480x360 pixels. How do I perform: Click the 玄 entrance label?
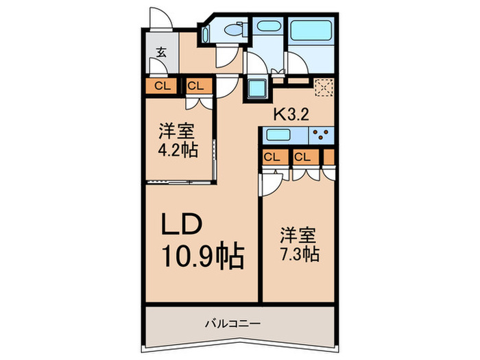pyautogui.click(x=161, y=52)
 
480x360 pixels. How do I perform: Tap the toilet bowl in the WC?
pyautogui.click(x=235, y=29)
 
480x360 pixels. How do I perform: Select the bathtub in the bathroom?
pyautogui.click(x=311, y=30)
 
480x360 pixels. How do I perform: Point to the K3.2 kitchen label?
pyautogui.click(x=291, y=115)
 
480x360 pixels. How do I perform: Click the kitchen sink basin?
pyautogui.click(x=278, y=134)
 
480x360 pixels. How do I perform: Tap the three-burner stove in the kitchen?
pyautogui.click(x=321, y=135)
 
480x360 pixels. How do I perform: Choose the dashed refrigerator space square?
pyautogui.click(x=324, y=87)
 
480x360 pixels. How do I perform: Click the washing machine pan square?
pyautogui.click(x=257, y=88)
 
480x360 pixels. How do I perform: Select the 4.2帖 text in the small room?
pyautogui.click(x=178, y=150)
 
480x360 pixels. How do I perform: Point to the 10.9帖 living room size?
pyautogui.click(x=203, y=256)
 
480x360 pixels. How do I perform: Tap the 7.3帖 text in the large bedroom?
pyautogui.click(x=300, y=254)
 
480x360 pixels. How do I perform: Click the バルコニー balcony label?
pyautogui.click(x=233, y=323)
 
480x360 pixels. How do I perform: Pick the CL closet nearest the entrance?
pyautogui.click(x=163, y=86)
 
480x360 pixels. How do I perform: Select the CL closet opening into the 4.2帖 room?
pyautogui.click(x=196, y=86)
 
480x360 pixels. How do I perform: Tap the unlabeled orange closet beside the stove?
pyautogui.click(x=329, y=157)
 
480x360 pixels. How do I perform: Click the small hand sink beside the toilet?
pyautogui.click(x=206, y=34)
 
